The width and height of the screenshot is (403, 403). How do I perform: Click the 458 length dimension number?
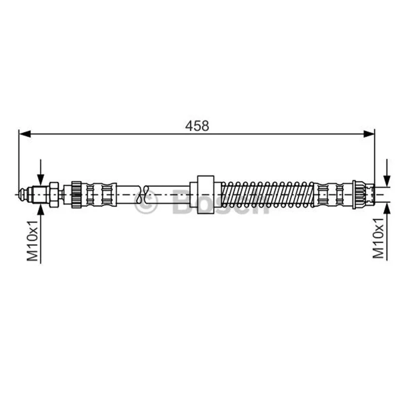pyautogui.click(x=197, y=126)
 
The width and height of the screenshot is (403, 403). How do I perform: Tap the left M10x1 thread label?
pyautogui.click(x=33, y=241)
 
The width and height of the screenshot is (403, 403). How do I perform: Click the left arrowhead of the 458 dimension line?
pyautogui.click(x=25, y=133)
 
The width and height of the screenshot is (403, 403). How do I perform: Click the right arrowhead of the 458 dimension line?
pyautogui.click(x=369, y=133)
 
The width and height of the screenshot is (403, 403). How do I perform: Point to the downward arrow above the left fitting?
pyautogui.click(x=41, y=172)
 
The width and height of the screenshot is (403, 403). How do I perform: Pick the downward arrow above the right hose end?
pyautogui.click(x=387, y=172)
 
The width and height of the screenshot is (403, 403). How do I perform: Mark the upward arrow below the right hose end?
pyautogui.click(x=387, y=231)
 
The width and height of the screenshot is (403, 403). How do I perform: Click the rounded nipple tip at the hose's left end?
pyautogui.click(x=23, y=194)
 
